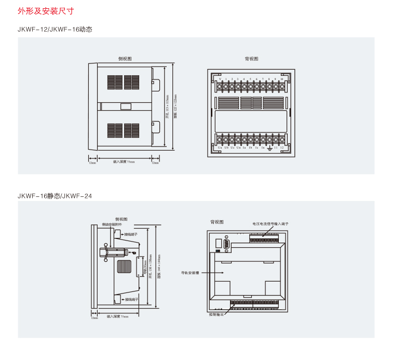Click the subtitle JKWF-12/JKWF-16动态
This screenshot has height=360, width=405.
point(55,30)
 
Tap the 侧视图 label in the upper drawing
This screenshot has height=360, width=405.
point(125,59)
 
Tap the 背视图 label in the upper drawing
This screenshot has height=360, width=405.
point(251,59)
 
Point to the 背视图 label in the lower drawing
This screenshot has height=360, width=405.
point(217,222)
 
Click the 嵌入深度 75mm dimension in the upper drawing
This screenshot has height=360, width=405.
point(124,162)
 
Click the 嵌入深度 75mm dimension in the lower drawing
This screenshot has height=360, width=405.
point(117,316)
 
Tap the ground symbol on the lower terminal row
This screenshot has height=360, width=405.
point(269,149)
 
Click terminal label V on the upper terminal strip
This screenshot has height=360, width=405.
point(220,79)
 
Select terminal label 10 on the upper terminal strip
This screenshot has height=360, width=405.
point(281,79)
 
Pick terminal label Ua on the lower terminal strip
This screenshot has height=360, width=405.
point(220,148)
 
